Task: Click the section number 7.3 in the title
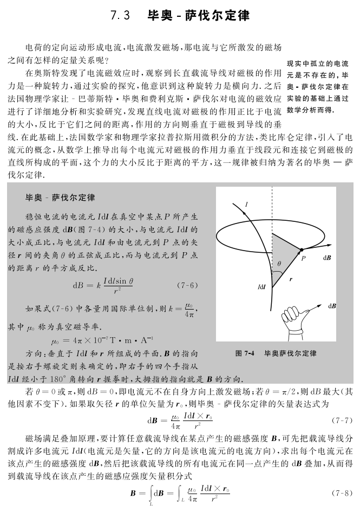tap(120, 16)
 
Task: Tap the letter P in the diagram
tap(304, 258)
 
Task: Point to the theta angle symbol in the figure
tap(279, 264)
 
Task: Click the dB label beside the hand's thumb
tap(332, 306)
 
